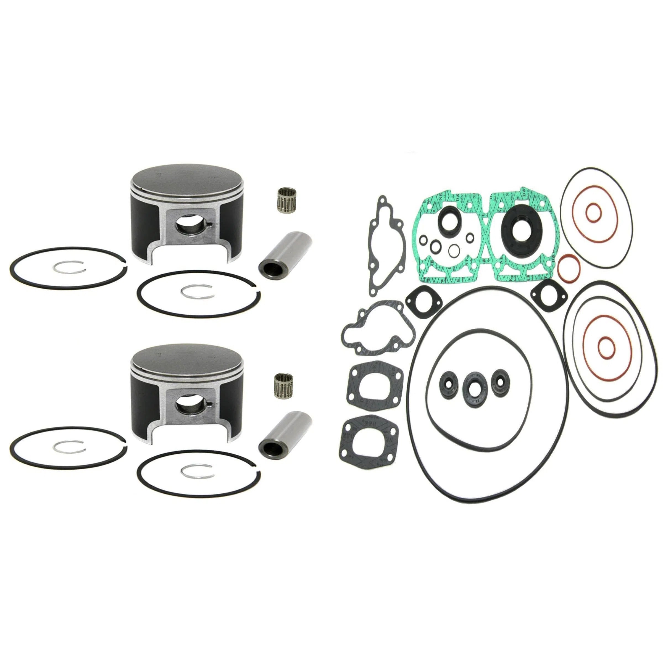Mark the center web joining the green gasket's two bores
pyautogui.click(x=486, y=233)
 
